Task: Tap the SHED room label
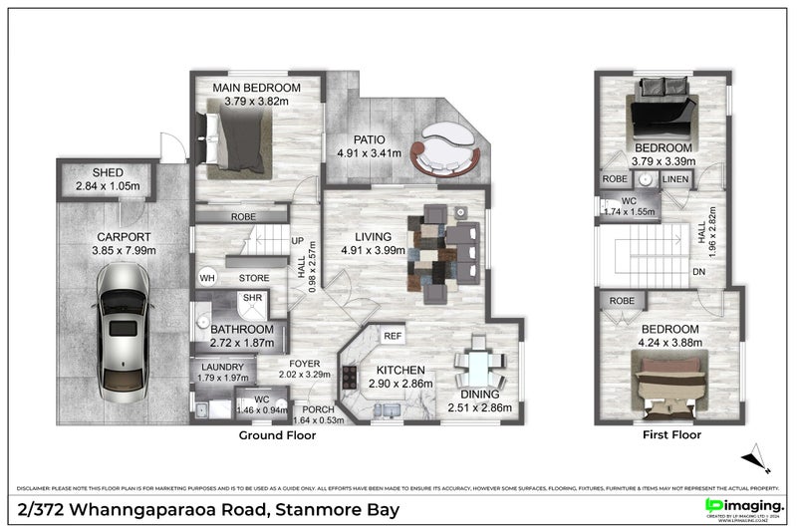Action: [x=101, y=172]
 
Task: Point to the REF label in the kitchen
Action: [x=393, y=337]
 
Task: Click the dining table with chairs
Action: [x=478, y=369]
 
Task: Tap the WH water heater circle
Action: [x=208, y=279]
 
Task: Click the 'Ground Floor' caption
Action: [x=277, y=435]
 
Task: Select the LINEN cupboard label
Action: [x=674, y=179]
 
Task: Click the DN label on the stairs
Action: [x=698, y=271]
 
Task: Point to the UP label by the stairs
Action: [x=296, y=240]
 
